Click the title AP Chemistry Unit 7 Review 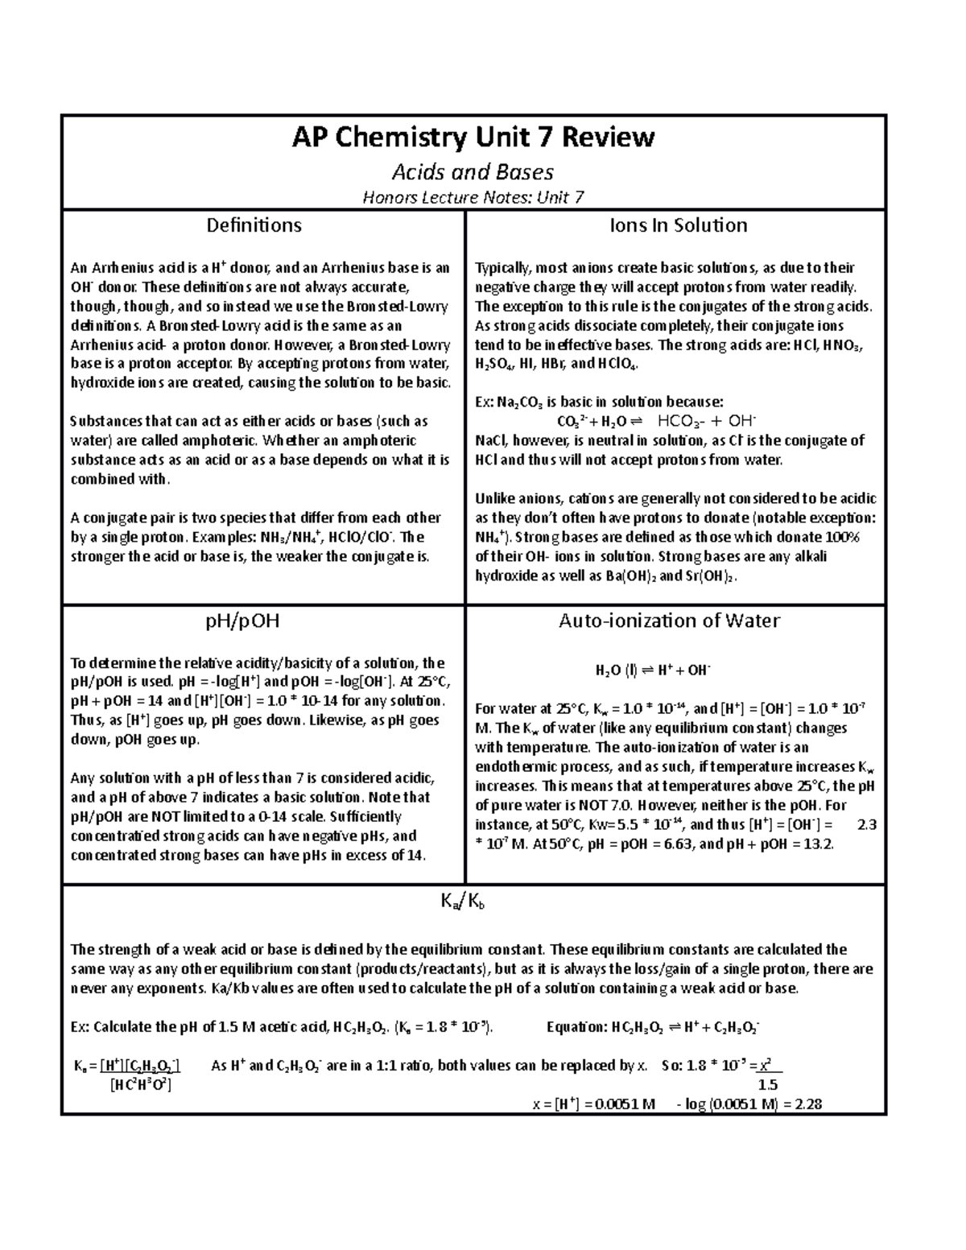coord(473,138)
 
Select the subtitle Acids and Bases coord(473,172)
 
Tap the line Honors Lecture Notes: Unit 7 coord(473,197)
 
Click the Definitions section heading coord(254,225)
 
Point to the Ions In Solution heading coord(678,225)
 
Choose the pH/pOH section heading coord(254,621)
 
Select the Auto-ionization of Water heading coord(669,621)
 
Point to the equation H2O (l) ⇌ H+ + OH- coord(653,670)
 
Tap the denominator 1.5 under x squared coord(768,1085)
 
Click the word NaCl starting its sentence coord(492,440)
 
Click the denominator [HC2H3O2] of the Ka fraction coord(141,1085)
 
